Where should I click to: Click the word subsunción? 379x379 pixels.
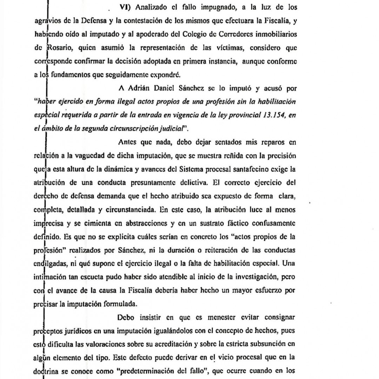pyautogui.click(x=275, y=345)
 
